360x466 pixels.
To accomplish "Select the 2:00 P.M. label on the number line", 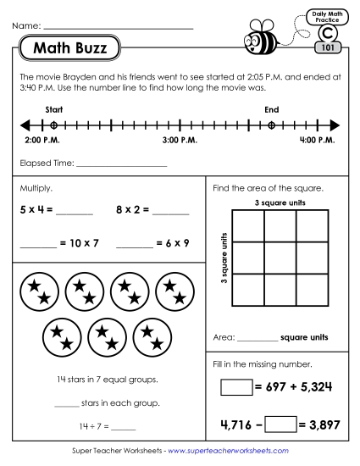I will tap(41, 139).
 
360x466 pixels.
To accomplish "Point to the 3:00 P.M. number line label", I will tap(179, 139).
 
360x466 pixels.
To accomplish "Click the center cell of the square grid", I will tap(280, 258).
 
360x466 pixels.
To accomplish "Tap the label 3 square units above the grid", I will tap(280, 202).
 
